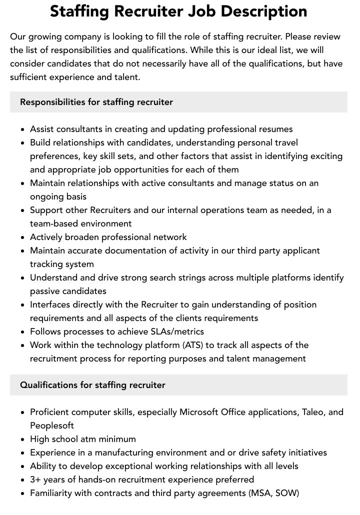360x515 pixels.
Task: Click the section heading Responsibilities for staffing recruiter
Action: pos(96,102)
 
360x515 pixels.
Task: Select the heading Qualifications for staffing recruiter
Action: pos(92,385)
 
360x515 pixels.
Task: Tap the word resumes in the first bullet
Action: pos(274,129)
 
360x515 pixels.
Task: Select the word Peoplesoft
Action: pos(52,425)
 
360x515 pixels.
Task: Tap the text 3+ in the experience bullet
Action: pos(36,479)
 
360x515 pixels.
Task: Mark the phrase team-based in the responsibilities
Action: pos(55,223)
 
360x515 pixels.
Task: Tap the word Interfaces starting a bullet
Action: pos(51,304)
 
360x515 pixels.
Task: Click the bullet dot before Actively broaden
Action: pos(23,237)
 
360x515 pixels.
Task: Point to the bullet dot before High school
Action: pos(23,439)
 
